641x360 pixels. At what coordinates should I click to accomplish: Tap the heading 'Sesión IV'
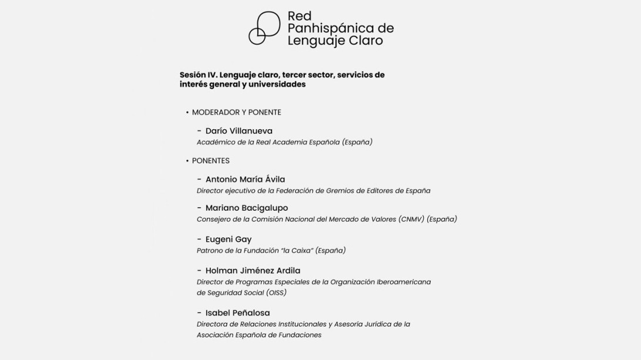198,75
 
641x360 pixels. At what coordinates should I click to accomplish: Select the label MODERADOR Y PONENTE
236,112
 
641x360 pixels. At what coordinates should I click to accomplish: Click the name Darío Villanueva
239,131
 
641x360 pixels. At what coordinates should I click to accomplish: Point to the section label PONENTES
210,161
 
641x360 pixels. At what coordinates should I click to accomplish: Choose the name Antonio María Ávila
245,180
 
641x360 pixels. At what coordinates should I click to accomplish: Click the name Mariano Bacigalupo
246,208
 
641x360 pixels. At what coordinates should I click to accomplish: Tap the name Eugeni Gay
228,240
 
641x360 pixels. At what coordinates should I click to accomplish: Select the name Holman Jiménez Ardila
253,271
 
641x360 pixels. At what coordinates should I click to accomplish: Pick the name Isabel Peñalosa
237,313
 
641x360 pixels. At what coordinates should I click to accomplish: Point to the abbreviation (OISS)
276,292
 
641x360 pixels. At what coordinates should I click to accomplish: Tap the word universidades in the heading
277,85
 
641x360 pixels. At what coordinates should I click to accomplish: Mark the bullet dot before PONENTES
187,161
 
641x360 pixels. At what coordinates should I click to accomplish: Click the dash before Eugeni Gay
199,240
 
